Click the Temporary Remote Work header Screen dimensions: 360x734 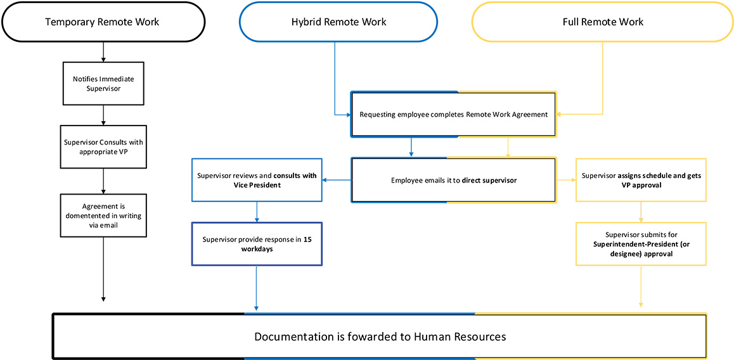[102, 22]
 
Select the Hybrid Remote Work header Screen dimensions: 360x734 [338, 22]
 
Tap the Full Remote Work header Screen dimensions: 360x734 [602, 22]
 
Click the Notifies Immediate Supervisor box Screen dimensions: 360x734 [103, 83]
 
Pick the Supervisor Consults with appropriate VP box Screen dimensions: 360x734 [103, 147]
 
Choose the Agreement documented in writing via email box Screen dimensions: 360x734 [103, 215]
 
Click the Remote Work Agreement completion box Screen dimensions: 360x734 [454, 115]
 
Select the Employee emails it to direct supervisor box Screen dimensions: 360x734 [454, 180]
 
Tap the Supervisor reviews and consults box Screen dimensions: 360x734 [256, 180]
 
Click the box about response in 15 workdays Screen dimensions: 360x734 [256, 243]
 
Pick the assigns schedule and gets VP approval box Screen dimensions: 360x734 [641, 180]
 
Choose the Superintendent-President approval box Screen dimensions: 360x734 [641, 244]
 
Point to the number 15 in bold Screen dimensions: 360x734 [307, 239]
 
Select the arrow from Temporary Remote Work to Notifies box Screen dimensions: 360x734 [103, 51]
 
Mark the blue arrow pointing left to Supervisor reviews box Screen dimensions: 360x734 [337, 180]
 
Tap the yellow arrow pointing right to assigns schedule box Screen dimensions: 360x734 [566, 180]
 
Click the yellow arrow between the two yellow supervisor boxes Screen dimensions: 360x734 [641, 212]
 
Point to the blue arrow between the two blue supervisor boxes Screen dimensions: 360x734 [256, 212]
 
